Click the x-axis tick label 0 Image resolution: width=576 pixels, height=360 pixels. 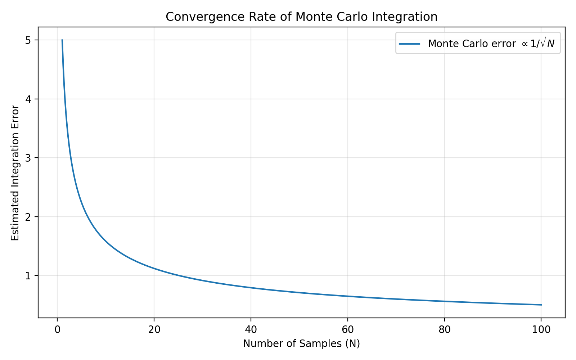coord(57,330)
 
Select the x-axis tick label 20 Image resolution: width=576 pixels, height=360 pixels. coord(154,330)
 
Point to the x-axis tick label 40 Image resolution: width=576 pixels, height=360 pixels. coord(251,330)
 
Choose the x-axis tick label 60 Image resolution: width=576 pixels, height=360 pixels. coord(348,330)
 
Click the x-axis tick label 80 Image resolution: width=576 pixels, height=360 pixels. coord(445,330)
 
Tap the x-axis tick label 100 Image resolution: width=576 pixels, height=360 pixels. coord(541,330)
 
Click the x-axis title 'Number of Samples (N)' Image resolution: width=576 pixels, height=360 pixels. coord(302,344)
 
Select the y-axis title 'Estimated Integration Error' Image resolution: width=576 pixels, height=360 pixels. coord(15,173)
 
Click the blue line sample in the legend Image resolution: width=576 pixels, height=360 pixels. coord(410,44)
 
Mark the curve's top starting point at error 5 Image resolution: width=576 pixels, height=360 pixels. coord(62,40)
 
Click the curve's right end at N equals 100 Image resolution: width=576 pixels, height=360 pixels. coord(541,305)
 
